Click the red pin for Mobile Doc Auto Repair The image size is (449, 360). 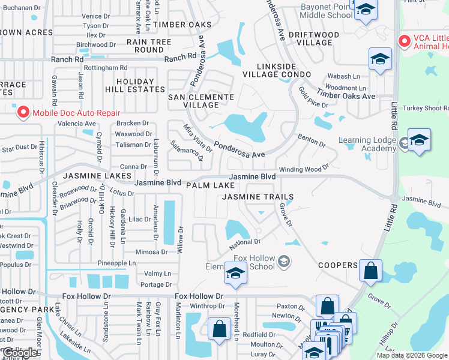tap(23, 112)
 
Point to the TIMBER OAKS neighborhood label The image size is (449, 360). tap(182, 25)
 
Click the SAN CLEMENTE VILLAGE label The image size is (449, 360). tap(200, 101)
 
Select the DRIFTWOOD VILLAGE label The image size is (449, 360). tap(310, 38)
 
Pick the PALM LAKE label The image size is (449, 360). tap(210, 186)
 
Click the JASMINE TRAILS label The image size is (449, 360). tap(258, 197)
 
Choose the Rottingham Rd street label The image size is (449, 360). tap(106, 68)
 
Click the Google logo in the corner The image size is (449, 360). tap(20, 353)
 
